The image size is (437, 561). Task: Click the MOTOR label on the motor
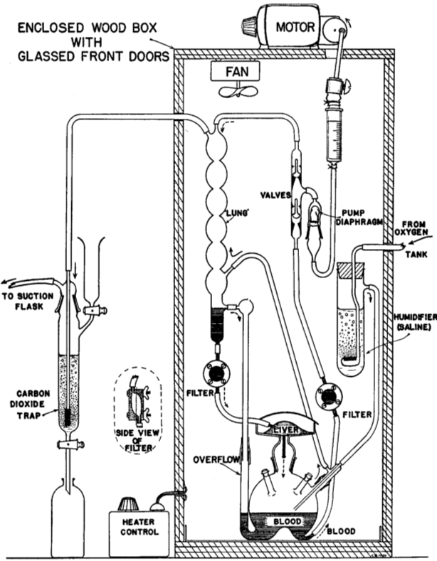tap(295, 27)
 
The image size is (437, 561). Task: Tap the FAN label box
tap(237, 71)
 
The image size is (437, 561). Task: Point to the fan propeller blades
tap(238, 91)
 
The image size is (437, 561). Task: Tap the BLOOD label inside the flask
tap(288, 521)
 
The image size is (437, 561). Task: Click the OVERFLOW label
tap(216, 459)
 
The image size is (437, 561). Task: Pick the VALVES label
tap(275, 195)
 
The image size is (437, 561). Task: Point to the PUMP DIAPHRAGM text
tap(359, 217)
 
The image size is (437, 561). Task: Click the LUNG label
tap(237, 213)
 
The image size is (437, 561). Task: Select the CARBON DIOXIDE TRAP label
tap(33, 405)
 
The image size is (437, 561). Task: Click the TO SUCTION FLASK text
tap(28, 301)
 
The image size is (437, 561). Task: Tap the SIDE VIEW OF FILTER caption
tap(137, 440)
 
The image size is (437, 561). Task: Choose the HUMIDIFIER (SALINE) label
tap(414, 322)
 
